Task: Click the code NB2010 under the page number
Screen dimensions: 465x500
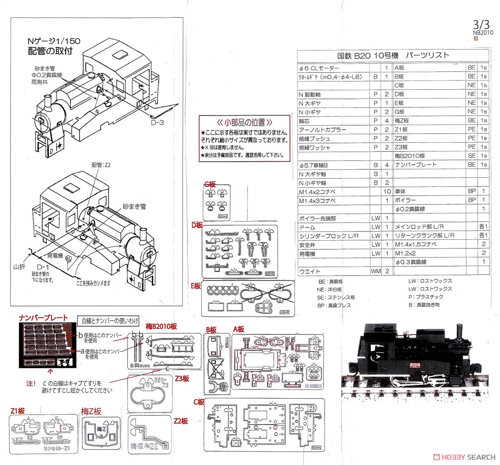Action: pyautogui.click(x=483, y=32)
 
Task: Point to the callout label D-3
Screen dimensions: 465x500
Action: pyautogui.click(x=157, y=122)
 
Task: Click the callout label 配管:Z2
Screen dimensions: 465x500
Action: pyautogui.click(x=101, y=165)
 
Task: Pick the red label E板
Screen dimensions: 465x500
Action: pyautogui.click(x=196, y=286)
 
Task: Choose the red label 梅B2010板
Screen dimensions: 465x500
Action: pyautogui.click(x=161, y=326)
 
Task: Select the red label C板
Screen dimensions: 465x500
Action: pyautogui.click(x=198, y=402)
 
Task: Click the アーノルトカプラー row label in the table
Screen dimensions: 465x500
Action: pyautogui.click(x=322, y=130)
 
